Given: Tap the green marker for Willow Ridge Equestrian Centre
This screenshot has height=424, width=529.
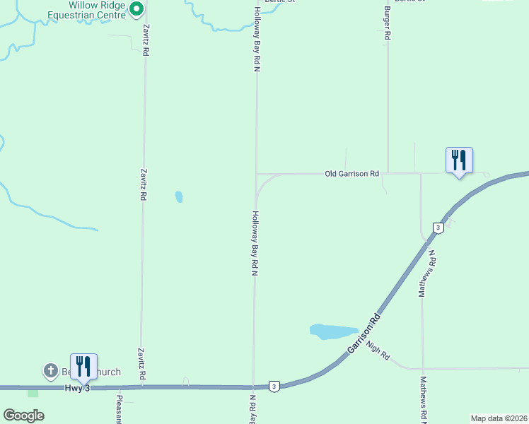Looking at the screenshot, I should (137, 8).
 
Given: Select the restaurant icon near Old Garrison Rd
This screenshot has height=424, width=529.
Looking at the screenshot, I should (459, 160).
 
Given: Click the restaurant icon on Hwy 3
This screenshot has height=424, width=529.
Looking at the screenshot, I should (83, 367).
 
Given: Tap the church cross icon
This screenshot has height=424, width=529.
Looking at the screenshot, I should (51, 370).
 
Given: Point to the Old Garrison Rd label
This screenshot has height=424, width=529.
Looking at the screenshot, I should (351, 173).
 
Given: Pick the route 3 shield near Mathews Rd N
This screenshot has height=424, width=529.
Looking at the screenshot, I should (438, 228).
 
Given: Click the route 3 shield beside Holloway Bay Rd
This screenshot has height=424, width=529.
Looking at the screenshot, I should (274, 386).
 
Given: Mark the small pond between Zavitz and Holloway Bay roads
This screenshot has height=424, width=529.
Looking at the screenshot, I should (179, 196).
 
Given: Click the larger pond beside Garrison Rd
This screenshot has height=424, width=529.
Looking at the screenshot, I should (333, 331).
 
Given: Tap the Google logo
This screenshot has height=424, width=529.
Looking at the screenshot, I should (24, 416).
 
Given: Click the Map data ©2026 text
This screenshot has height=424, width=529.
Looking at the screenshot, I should (499, 418).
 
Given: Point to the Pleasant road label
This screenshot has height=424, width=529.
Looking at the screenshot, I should (119, 409).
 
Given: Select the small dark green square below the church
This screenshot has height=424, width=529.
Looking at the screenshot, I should (33, 393).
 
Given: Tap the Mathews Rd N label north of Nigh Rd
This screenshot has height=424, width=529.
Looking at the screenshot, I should (428, 273).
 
